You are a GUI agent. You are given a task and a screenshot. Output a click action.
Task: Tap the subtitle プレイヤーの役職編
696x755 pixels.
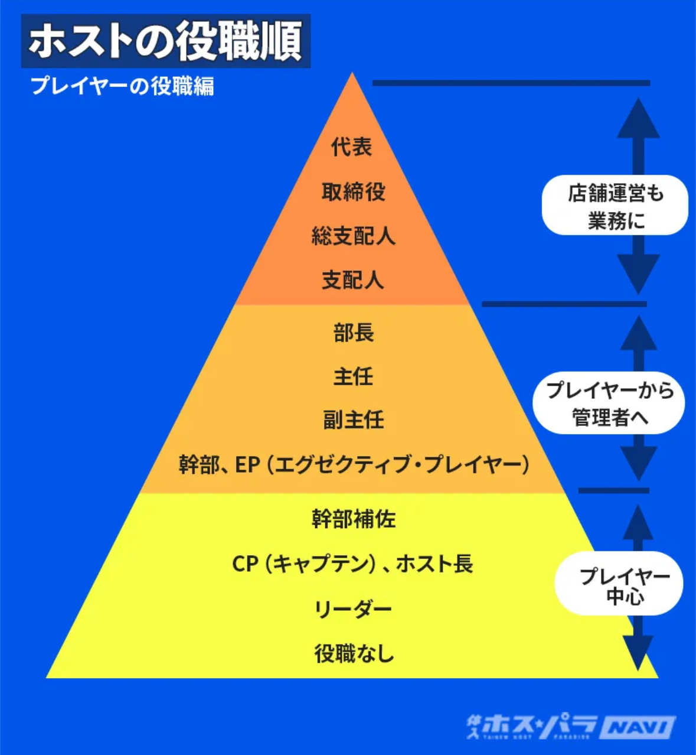pos(122,86)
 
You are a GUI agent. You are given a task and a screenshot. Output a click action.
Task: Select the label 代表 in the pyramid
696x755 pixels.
pos(352,147)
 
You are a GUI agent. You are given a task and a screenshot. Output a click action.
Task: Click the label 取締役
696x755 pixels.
pos(353,191)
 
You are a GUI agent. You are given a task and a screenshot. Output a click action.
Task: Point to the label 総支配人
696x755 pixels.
pos(353,236)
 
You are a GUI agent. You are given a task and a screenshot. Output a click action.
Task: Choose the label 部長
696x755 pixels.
pos(353,333)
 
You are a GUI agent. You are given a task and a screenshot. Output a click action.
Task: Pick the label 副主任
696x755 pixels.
pos(353,420)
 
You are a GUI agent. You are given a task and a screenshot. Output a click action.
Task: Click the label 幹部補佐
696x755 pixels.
pos(353,519)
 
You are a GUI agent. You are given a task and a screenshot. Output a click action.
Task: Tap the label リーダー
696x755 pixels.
pos(353,609)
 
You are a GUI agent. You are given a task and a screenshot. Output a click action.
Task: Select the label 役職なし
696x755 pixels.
pos(353,654)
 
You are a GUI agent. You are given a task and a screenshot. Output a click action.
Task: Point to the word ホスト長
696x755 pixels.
pos(434,564)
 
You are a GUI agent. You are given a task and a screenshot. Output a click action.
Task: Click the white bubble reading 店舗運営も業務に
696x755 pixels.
pos(615,206)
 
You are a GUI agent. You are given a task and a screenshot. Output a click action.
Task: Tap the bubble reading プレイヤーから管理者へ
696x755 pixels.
pos(609,403)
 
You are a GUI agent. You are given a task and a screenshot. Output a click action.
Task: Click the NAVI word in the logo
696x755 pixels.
pos(640,727)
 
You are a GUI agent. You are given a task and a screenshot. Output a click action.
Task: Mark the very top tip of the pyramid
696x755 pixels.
pos(352,74)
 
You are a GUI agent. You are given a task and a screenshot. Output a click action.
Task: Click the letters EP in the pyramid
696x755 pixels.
pos(247,465)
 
